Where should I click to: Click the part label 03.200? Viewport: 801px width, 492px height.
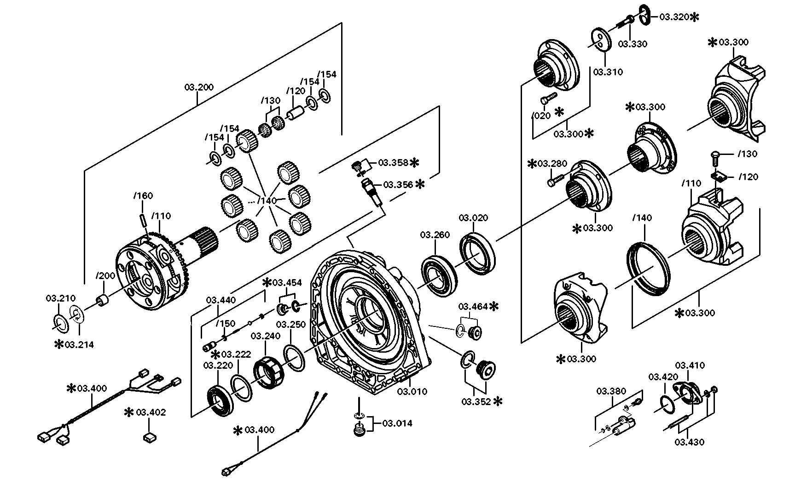pos(199,87)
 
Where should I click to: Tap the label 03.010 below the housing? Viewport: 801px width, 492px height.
pos(412,391)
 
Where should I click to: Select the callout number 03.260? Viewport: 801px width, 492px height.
pos(435,235)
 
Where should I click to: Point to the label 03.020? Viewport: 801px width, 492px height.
pos(473,217)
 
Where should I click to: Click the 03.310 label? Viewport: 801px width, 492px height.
pos(608,72)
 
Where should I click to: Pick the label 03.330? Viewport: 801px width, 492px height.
pos(632,44)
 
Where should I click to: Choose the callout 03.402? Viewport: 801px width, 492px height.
pos(151,412)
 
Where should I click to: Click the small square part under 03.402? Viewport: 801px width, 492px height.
pos(149,437)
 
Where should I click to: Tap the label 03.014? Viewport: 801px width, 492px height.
pos(397,423)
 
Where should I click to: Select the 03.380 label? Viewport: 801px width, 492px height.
pos(611,391)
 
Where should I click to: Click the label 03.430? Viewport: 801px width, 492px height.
pos(689,442)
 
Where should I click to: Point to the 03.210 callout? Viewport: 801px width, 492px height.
pos(60,298)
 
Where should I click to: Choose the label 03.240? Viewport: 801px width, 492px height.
pos(266,336)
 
